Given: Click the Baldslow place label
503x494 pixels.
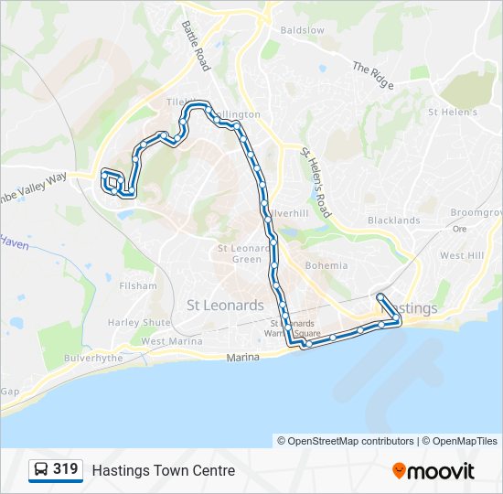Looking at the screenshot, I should [303, 30].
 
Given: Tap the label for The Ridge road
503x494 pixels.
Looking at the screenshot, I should [373, 76].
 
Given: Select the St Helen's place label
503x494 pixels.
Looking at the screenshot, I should [453, 113].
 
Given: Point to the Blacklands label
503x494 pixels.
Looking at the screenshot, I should [393, 220].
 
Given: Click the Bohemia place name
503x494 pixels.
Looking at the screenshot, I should [326, 266].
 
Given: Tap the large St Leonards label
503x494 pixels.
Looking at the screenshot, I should [225, 305].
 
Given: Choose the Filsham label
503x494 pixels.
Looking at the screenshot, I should [138, 286].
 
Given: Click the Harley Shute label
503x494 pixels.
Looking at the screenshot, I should [139, 322].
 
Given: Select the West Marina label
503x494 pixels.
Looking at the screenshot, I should [172, 341].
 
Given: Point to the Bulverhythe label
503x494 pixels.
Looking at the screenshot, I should [93, 358].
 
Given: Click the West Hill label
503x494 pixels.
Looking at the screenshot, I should [463, 256].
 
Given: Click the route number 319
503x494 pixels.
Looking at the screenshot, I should [65, 469].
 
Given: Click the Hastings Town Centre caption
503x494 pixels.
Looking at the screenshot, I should [164, 471].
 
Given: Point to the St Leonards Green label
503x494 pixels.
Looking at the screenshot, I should [240, 253].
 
